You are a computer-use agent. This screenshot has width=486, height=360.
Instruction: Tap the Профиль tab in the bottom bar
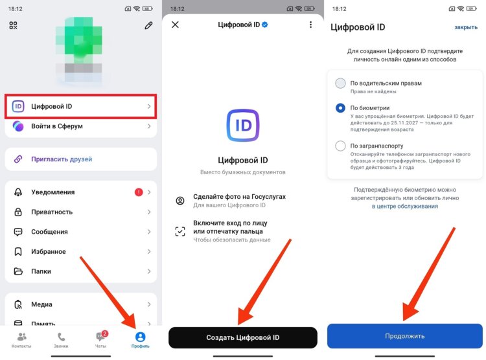[x=141, y=339]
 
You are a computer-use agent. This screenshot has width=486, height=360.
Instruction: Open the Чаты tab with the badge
[x=100, y=339]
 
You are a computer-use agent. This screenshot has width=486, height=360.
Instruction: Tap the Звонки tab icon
[x=61, y=339]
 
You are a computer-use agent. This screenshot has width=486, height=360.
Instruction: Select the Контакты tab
[x=21, y=339]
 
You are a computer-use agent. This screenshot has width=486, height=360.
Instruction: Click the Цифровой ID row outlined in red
[x=81, y=106]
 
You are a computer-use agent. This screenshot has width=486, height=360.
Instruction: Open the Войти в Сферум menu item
[x=81, y=126]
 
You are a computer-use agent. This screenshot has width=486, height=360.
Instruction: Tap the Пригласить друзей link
[x=62, y=159]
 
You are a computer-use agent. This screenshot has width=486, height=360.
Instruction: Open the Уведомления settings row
[x=81, y=192]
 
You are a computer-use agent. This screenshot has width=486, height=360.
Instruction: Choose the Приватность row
[x=81, y=212]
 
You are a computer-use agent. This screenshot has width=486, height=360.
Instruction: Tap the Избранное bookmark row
[x=81, y=251]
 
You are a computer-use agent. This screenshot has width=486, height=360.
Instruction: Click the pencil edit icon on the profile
[x=148, y=26]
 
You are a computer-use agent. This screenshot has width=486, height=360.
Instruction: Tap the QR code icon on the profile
[x=13, y=26]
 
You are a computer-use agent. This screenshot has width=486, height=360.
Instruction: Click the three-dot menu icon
[x=311, y=25]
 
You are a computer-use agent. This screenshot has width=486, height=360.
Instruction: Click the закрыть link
[x=465, y=27]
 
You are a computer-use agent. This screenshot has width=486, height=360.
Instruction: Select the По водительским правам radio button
[x=341, y=84]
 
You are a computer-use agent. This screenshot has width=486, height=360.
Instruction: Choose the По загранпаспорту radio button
[x=341, y=146]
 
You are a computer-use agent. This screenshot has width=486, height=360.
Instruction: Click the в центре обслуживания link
[x=405, y=206]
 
